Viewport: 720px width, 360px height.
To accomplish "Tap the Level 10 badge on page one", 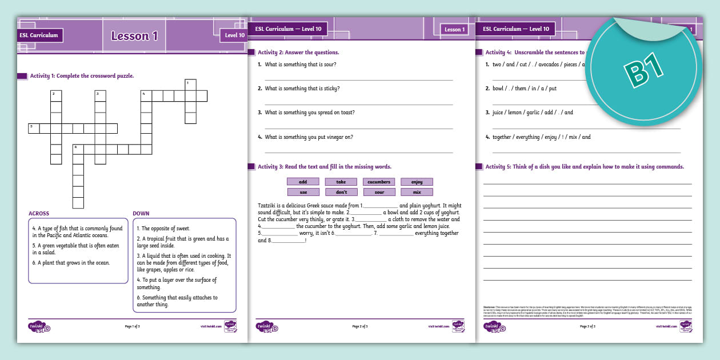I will tap(234, 35).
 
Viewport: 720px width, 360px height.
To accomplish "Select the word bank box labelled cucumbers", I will tap(379, 182).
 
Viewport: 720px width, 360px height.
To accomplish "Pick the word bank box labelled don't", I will tap(341, 192).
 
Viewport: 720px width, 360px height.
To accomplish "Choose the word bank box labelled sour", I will tap(379, 192).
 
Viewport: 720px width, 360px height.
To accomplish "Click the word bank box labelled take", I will tap(341, 182).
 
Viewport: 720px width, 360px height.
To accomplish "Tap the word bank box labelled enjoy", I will tap(417, 182).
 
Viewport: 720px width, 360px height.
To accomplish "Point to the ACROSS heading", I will tap(39, 214).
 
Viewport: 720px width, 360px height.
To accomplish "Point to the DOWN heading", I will tap(141, 214).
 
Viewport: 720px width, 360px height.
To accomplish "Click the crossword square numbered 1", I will tap(190, 85).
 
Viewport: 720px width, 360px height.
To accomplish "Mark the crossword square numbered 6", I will tap(78, 149).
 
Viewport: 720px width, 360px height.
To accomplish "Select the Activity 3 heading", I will tap(324, 167).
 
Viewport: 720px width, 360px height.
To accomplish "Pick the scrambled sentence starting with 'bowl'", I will tap(525, 89).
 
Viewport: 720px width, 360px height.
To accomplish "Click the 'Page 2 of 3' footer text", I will tap(360, 326).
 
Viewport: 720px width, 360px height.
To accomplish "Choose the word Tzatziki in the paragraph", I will tap(269, 206).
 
